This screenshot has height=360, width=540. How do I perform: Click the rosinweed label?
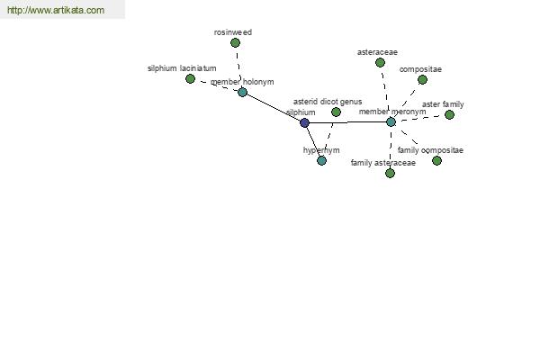pos(233,32)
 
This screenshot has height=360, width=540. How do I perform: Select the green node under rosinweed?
pos(235,42)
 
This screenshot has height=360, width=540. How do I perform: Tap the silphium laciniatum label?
pos(182,68)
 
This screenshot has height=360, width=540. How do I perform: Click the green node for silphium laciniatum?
pos(190,79)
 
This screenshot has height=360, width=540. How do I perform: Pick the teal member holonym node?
pos(242,92)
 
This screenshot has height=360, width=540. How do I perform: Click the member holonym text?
pos(242,82)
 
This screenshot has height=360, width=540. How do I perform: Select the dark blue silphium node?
pos(304,122)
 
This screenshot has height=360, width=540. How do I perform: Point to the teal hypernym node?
pos(321,161)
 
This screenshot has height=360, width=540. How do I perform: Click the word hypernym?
pos(321,150)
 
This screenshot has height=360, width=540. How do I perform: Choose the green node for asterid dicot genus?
pos(336,112)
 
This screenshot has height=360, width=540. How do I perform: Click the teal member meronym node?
pos(391,121)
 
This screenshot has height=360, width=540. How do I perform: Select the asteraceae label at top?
pos(377,52)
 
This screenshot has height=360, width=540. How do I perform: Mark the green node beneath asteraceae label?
pos(381,63)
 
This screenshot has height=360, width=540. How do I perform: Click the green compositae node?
pos(422,79)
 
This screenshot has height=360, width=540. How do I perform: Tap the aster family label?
pos(443,104)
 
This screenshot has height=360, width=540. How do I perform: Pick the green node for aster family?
pos(449,114)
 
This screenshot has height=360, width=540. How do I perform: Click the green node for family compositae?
pos(436,160)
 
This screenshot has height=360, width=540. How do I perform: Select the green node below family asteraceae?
pos(390,173)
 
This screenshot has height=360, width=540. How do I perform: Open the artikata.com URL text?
pos(56,11)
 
